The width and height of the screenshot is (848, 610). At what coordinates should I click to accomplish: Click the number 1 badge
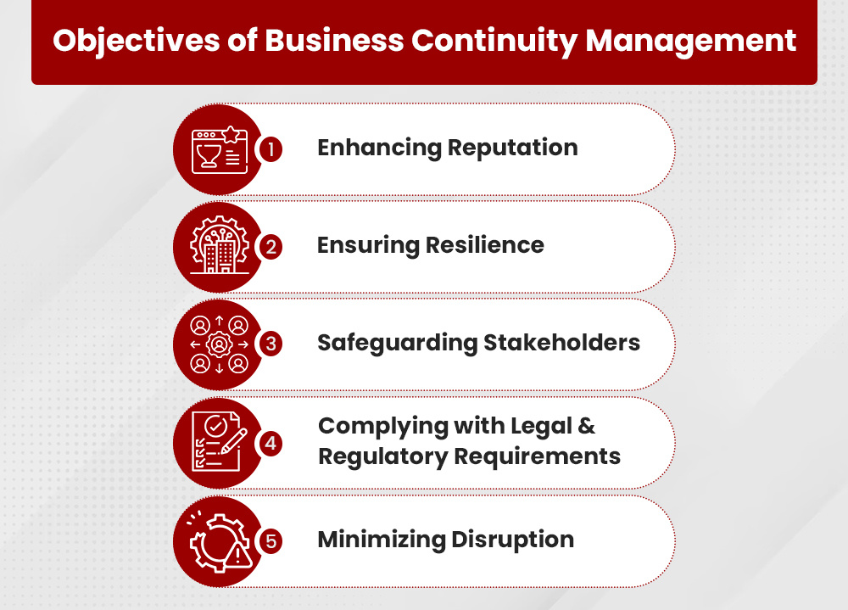tap(271, 149)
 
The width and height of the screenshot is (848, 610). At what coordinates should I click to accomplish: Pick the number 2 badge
tap(271, 247)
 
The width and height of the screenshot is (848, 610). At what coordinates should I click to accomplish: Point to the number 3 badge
tap(271, 344)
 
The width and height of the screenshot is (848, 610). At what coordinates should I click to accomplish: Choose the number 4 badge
tap(271, 442)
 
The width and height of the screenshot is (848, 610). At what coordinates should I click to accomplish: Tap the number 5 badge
tap(271, 540)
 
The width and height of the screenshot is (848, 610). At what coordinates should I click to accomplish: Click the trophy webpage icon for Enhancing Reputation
tap(219, 149)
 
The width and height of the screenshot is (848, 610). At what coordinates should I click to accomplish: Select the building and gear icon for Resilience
tap(219, 247)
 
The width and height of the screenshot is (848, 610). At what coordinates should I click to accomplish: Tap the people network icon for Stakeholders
tap(219, 344)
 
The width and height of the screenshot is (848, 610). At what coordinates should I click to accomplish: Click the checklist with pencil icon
tap(219, 442)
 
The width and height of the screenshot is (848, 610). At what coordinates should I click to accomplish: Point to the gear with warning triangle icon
tap(219, 540)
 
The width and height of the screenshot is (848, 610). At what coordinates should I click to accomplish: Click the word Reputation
tap(512, 148)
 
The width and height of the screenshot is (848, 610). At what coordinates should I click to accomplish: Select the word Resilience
tap(485, 245)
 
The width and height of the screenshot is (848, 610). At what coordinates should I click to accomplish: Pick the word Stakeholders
tap(561, 344)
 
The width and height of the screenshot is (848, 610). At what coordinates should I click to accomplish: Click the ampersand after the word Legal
tap(588, 426)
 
